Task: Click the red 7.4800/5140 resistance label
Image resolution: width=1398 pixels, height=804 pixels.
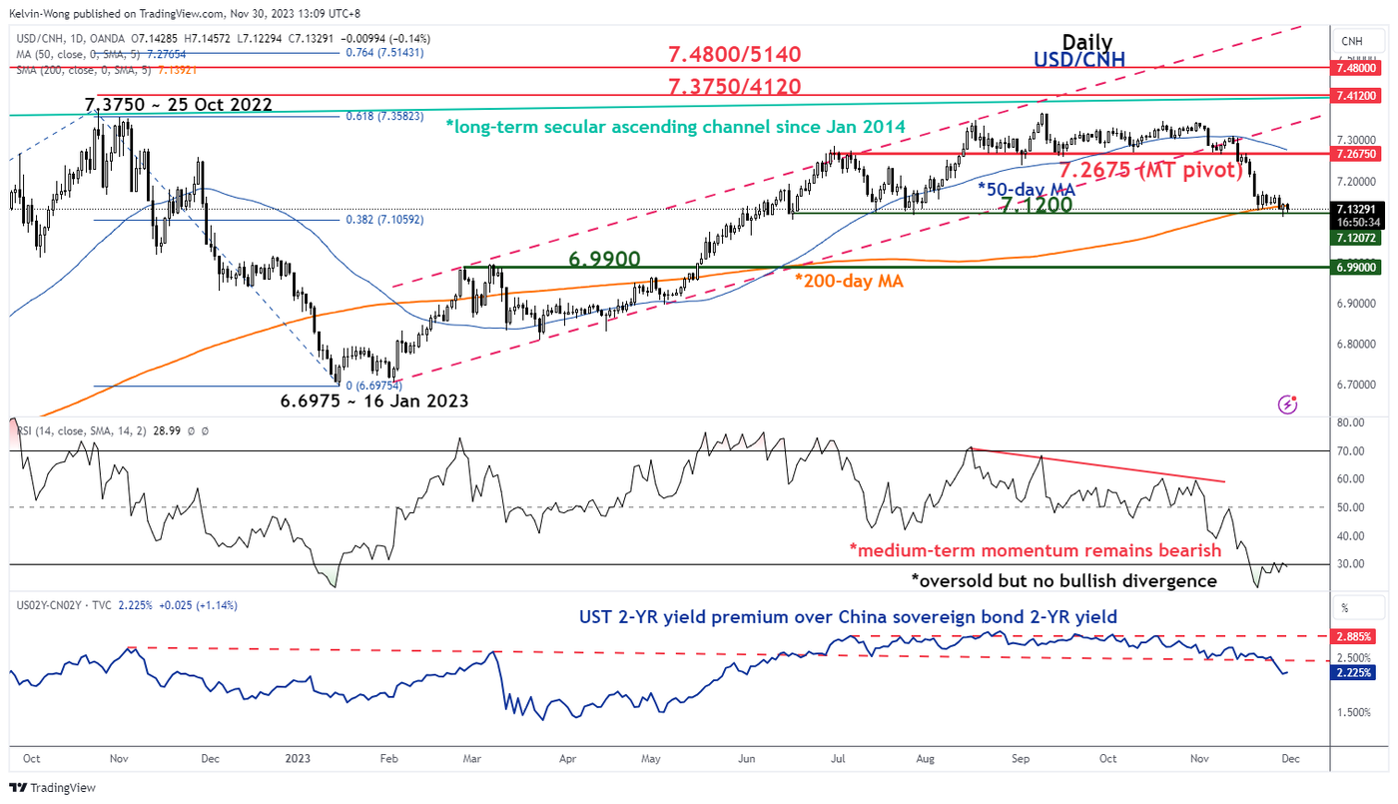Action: pyautogui.click(x=735, y=54)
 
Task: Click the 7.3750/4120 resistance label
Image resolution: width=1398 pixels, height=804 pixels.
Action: pyautogui.click(x=735, y=86)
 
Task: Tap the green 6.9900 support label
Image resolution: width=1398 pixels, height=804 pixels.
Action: pyautogui.click(x=604, y=259)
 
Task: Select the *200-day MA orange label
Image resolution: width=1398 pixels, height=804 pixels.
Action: pyautogui.click(x=849, y=282)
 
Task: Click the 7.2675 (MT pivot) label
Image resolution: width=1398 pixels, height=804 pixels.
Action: pyautogui.click(x=1151, y=170)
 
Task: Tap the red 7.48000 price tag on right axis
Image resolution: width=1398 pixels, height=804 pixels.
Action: pyautogui.click(x=1358, y=67)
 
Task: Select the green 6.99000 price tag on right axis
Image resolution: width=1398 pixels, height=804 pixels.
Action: pyautogui.click(x=1358, y=268)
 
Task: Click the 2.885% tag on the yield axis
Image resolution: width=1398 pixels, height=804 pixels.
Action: pyautogui.click(x=1358, y=636)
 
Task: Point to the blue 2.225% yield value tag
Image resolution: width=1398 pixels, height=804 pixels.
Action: pyautogui.click(x=1358, y=673)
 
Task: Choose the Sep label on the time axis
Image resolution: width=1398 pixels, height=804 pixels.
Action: pyautogui.click(x=1021, y=759)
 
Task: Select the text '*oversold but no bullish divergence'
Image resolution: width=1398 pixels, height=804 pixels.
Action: pyautogui.click(x=1063, y=580)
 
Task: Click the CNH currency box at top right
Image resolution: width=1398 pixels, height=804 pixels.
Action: pyautogui.click(x=1353, y=42)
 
